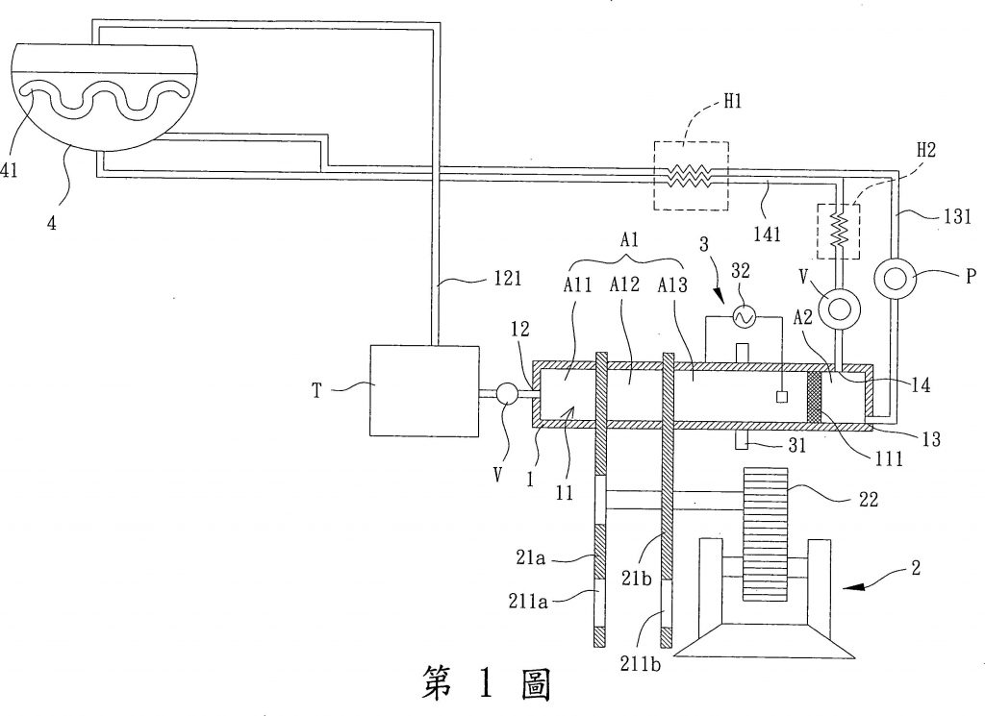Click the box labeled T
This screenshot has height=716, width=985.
click(x=420, y=391)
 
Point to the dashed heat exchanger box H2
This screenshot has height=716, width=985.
click(x=838, y=231)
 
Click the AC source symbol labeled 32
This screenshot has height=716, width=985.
click(x=742, y=315)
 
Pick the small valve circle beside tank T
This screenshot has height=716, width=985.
click(x=507, y=392)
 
